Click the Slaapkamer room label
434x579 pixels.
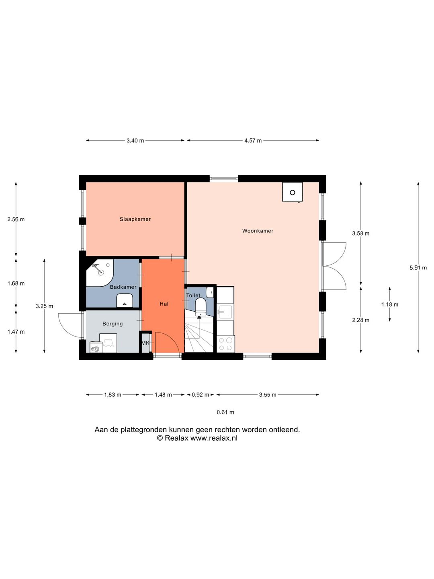tap(135, 219)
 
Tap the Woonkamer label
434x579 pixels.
tap(258, 231)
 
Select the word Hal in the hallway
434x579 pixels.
tap(164, 304)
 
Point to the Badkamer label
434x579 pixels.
tap(123, 287)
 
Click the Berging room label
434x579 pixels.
tap(113, 324)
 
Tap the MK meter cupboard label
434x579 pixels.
tap(145, 343)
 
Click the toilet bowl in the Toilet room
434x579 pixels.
tap(201, 307)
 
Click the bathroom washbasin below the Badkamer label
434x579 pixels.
tap(125, 300)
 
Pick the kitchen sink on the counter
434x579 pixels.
tap(225, 312)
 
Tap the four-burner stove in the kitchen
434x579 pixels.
tap(225, 344)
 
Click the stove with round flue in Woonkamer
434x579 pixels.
tap(292, 192)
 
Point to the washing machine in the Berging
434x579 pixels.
tap(96, 347)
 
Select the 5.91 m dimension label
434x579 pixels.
tap(418, 268)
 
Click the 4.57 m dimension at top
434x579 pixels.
tap(253, 141)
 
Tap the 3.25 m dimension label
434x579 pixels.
tap(45, 306)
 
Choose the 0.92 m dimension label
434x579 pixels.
tap(200, 395)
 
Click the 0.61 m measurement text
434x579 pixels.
tap(225, 412)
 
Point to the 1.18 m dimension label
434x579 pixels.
tap(390, 305)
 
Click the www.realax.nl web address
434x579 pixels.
tap(214, 438)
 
